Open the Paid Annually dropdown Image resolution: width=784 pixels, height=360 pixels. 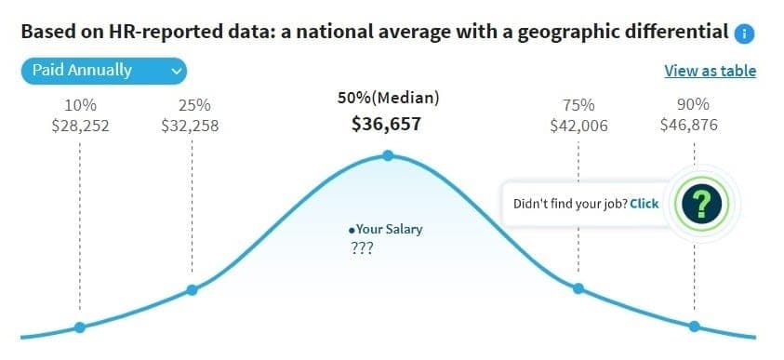click(x=103, y=71)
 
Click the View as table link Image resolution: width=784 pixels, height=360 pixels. click(x=710, y=71)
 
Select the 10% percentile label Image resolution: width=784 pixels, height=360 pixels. click(x=80, y=105)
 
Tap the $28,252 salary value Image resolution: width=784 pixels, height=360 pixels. click(x=80, y=126)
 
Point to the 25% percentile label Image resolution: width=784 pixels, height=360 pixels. click(x=192, y=105)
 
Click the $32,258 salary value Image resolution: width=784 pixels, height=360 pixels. click(x=191, y=126)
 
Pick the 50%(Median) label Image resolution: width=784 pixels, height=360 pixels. click(x=388, y=98)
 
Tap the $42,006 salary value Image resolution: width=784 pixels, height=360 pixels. click(x=578, y=126)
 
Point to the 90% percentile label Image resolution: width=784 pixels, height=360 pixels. click(x=693, y=105)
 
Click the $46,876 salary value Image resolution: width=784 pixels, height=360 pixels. click(x=693, y=126)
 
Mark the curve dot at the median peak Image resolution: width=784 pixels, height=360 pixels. click(x=388, y=155)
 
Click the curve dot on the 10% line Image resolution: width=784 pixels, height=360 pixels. click(x=80, y=327)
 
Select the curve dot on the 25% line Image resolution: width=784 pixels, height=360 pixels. click(x=192, y=290)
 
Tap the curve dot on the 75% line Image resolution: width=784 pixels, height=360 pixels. click(x=578, y=289)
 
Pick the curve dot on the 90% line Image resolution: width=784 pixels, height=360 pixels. click(x=694, y=326)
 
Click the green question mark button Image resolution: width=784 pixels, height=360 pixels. click(x=702, y=203)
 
